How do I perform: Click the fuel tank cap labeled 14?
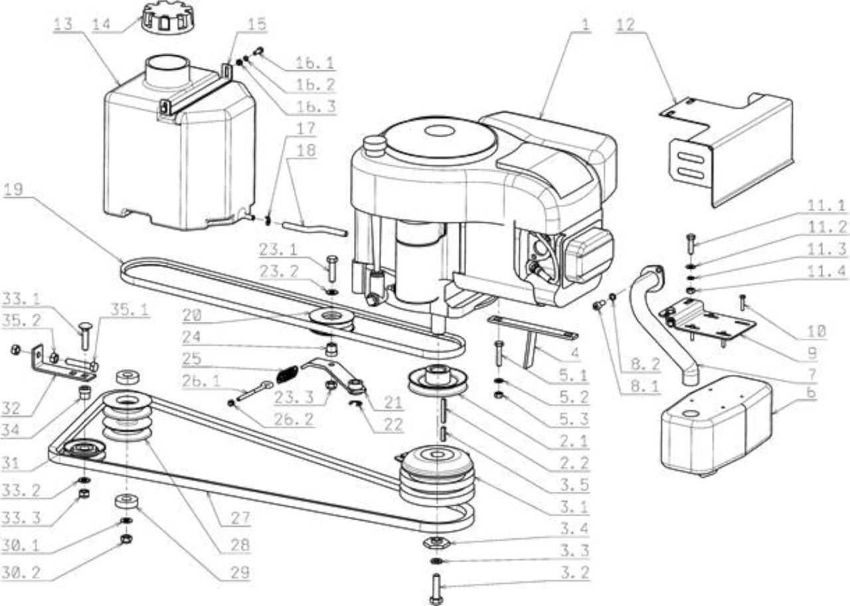[165, 20]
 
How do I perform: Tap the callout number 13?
[63, 25]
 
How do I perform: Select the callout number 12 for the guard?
[626, 25]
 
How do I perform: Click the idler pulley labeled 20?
[331, 321]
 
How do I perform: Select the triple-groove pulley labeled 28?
[127, 416]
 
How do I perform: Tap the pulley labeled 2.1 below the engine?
[438, 380]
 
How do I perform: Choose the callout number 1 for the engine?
[586, 25]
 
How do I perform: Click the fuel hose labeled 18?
[315, 229]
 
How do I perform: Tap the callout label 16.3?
[315, 106]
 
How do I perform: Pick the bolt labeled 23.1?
[332, 269]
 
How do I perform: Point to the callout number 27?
[240, 518]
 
